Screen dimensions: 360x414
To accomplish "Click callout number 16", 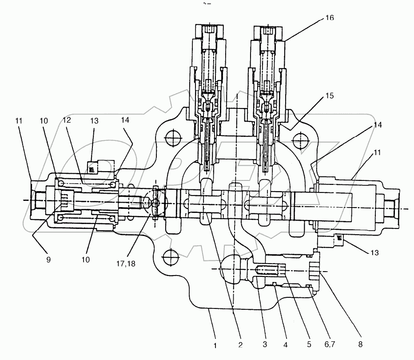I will tap(329, 18).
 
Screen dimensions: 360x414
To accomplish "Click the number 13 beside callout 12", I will tap(94, 121).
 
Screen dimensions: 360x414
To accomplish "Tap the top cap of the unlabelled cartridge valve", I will tap(210, 33).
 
